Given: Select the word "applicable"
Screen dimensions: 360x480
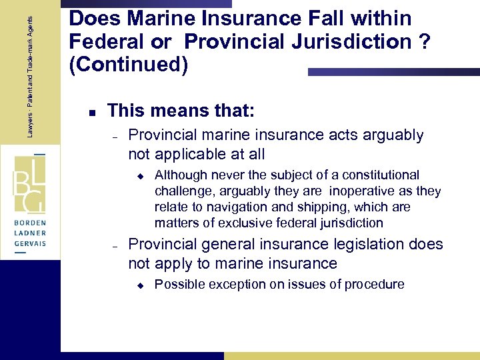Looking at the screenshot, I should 189,155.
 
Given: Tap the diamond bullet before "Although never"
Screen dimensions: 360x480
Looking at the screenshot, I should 141,175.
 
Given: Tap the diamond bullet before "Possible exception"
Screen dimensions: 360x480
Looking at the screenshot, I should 141,285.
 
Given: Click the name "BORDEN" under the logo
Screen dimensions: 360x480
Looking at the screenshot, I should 29,220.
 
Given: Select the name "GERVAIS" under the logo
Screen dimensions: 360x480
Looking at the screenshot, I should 29,244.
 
